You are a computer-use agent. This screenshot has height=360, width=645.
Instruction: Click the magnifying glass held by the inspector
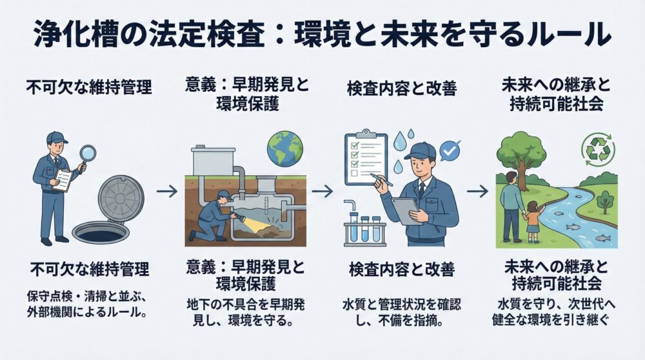tap(87, 154)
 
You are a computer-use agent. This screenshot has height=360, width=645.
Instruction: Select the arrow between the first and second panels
tap(166, 192)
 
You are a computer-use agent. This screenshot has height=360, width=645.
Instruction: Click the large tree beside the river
tap(521, 158)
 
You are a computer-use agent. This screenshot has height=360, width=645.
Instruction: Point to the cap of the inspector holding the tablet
tap(419, 150)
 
